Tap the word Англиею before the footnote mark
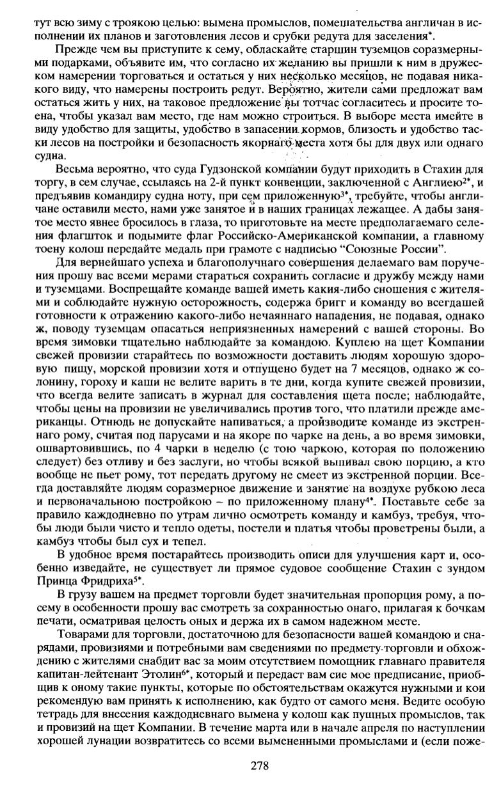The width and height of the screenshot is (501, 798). tap(440, 183)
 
